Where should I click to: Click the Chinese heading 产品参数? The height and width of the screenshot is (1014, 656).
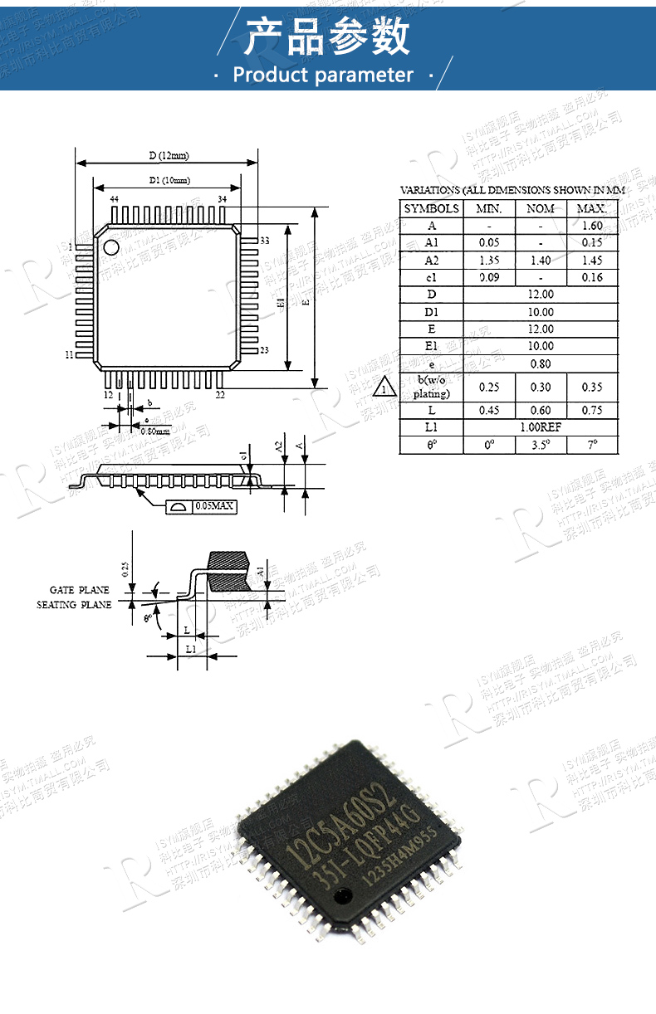coord(328,38)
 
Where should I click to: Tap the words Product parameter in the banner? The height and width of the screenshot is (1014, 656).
coord(323,76)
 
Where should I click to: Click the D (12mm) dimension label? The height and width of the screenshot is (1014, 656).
coord(169,155)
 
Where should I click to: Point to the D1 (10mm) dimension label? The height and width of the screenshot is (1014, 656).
coord(169,180)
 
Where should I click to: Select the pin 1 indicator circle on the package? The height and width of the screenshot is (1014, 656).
coord(110,246)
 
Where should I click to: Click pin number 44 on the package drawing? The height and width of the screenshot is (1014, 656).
coord(114,200)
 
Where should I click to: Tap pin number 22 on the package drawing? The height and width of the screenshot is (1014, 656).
coord(220,395)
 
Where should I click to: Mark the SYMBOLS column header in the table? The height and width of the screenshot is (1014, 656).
coord(431,208)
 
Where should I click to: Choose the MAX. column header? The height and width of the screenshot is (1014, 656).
coord(592,208)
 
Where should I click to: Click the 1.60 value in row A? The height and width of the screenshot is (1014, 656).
coord(592,226)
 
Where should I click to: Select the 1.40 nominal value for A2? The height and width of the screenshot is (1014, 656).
coord(541,261)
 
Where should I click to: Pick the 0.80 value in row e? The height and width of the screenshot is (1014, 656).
coord(541,363)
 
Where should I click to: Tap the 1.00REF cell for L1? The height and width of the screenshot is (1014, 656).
coord(541,427)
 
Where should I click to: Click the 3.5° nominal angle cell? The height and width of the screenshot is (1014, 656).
coord(541,445)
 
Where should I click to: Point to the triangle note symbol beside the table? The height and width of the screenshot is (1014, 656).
coord(385,388)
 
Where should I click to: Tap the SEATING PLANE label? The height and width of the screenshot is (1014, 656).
coord(73,605)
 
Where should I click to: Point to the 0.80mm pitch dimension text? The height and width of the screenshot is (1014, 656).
coord(154,431)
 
